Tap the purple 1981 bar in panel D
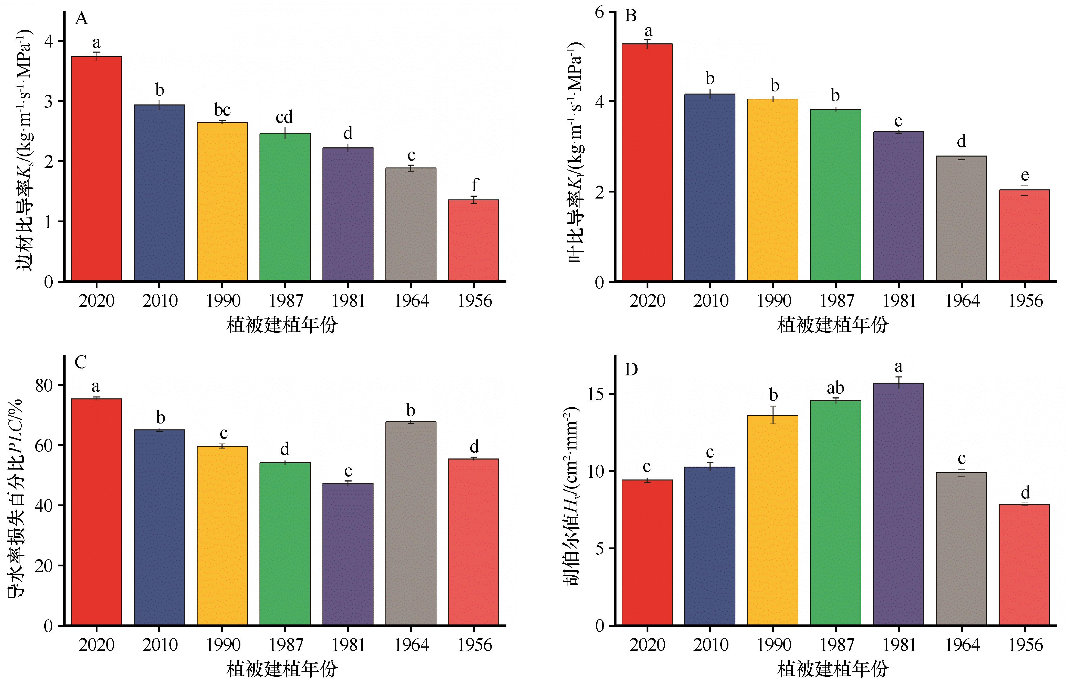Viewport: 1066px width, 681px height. click(x=898, y=504)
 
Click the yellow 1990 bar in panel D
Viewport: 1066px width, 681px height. click(x=772, y=520)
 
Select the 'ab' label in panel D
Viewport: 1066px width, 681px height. click(x=835, y=388)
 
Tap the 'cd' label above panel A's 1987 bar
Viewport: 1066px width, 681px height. click(x=284, y=117)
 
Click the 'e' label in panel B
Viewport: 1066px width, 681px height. click(x=1024, y=175)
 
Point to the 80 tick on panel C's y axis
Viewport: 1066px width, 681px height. click(x=44, y=385)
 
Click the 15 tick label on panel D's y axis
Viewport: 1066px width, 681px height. click(x=595, y=394)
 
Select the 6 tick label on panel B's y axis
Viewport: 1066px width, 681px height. click(x=599, y=12)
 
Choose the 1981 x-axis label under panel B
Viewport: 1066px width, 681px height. click(x=899, y=301)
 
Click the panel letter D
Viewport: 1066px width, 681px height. click(x=631, y=369)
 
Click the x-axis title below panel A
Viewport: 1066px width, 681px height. click(x=282, y=325)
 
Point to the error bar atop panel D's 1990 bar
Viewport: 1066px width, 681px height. click(x=773, y=414)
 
